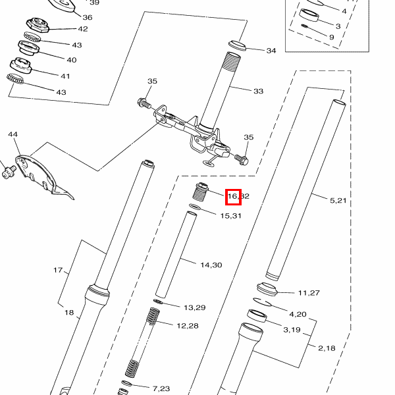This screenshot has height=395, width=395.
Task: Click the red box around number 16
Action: point(233,196)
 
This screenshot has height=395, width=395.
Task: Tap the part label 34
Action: point(271,51)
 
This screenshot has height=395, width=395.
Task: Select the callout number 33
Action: point(258,91)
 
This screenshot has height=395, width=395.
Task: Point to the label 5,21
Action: point(337,200)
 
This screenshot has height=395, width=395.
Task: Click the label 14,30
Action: point(211,265)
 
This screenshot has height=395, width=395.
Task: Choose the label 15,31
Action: point(230,216)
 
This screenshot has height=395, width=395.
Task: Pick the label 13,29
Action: point(195,307)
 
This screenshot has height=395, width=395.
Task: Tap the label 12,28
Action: point(188,325)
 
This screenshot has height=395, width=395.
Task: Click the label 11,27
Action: point(309,292)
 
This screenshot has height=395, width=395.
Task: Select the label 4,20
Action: point(298,314)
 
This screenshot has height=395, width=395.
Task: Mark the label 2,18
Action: point(327,348)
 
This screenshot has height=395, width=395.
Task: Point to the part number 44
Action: point(13,134)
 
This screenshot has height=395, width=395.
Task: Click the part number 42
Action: point(83,29)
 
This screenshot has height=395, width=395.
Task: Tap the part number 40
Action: point(72,60)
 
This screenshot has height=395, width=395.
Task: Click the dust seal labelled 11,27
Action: point(268,288)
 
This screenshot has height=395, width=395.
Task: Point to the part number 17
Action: point(58,270)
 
